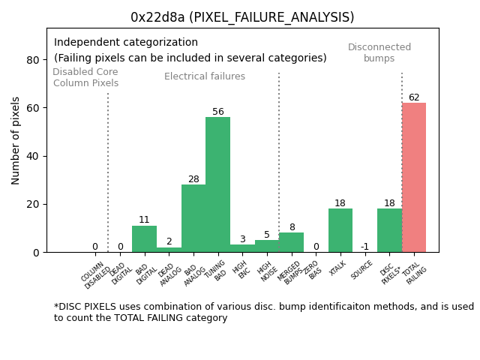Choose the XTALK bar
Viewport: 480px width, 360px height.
[x=340, y=230]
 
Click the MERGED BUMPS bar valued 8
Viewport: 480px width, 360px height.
[x=292, y=242]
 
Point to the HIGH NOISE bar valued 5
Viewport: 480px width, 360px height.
[x=267, y=246]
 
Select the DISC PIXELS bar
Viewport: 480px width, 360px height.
[x=389, y=230]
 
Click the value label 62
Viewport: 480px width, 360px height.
[x=414, y=97]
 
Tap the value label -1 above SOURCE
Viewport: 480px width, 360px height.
[x=364, y=247]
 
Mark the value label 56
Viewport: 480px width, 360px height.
[x=217, y=112]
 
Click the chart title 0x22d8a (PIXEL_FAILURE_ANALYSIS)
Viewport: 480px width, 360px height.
[x=242, y=17]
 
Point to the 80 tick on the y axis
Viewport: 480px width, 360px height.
[x=33, y=60]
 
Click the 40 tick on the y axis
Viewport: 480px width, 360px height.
[x=33, y=156]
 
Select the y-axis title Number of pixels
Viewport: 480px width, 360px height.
[x=16, y=140]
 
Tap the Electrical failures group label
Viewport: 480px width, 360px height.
[x=205, y=76]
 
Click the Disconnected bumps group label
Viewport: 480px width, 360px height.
[x=379, y=52]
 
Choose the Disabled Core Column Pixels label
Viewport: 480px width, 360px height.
[x=85, y=77]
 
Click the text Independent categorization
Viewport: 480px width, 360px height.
[x=126, y=43]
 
